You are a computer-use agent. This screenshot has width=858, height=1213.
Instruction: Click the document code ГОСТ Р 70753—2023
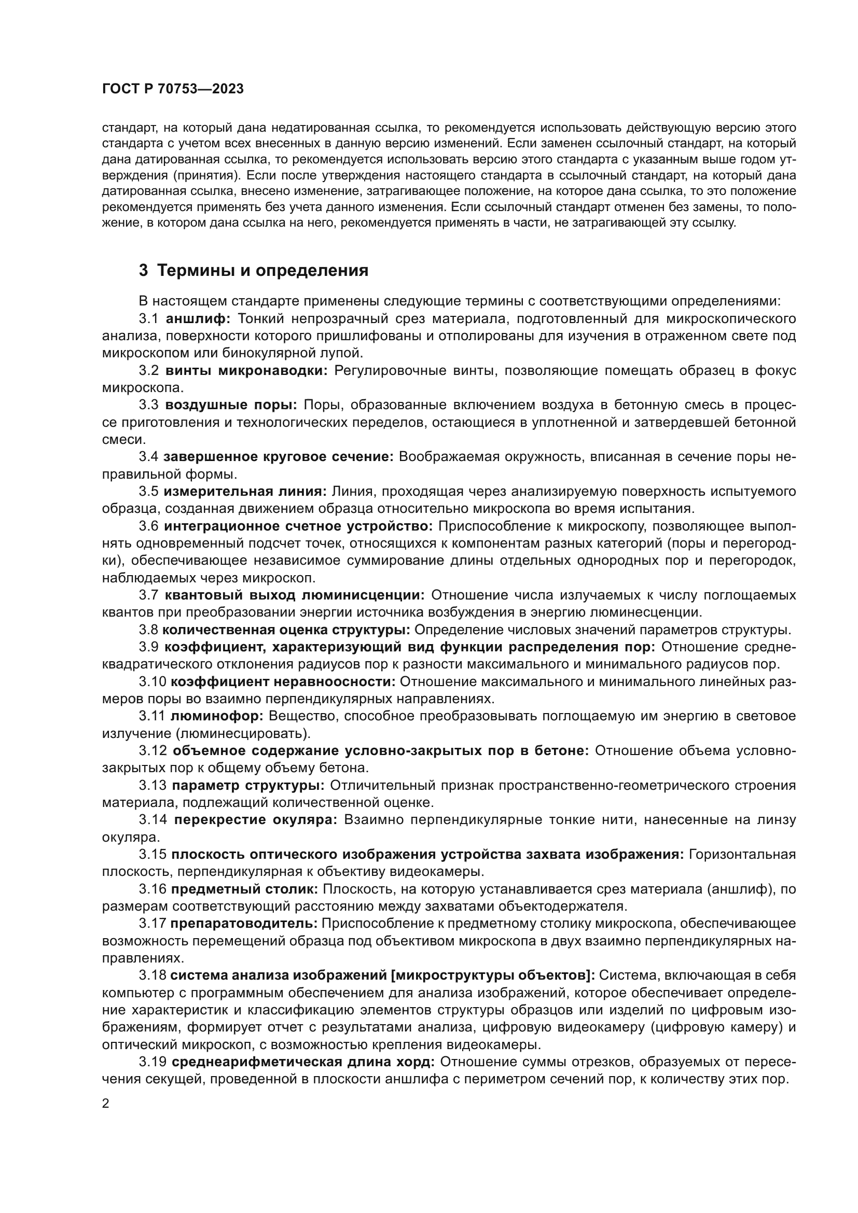(x=173, y=89)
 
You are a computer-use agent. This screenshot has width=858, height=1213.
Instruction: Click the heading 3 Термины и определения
(x=254, y=271)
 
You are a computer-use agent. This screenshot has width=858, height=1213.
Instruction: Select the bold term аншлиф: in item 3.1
(x=198, y=318)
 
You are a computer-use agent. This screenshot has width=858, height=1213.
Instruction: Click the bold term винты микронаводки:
(x=246, y=370)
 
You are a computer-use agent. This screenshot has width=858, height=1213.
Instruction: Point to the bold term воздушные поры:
(x=231, y=405)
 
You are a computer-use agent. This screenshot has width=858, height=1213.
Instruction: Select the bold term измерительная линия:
(x=245, y=491)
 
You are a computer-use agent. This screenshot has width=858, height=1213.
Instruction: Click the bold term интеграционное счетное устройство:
(x=298, y=526)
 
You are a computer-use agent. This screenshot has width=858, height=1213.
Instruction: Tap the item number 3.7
(x=148, y=595)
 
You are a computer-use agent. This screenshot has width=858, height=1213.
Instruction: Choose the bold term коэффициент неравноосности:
(x=283, y=681)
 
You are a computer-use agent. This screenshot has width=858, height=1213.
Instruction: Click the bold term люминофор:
(x=217, y=716)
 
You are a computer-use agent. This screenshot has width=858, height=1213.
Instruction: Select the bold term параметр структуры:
(x=248, y=785)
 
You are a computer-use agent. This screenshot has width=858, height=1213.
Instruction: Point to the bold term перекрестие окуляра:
(x=255, y=819)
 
